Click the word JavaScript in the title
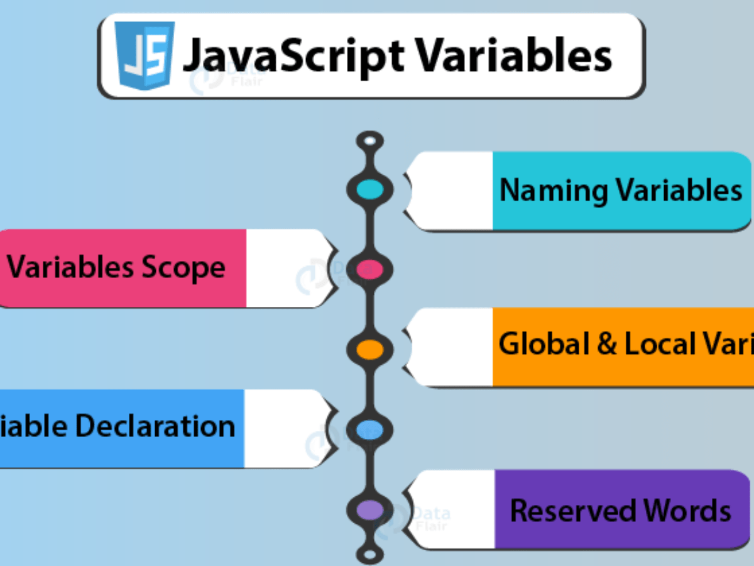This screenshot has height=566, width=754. (292, 56)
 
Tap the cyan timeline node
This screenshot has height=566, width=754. (370, 189)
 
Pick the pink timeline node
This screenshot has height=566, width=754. (370, 269)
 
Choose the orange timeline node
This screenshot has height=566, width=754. (370, 348)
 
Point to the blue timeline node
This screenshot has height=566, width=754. (370, 430)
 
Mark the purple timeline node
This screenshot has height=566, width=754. (370, 509)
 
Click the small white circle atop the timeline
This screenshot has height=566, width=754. (370, 140)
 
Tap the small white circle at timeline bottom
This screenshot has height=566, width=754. (370, 554)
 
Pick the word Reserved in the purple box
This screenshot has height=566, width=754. (568, 510)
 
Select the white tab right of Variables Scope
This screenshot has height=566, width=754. (286, 269)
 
